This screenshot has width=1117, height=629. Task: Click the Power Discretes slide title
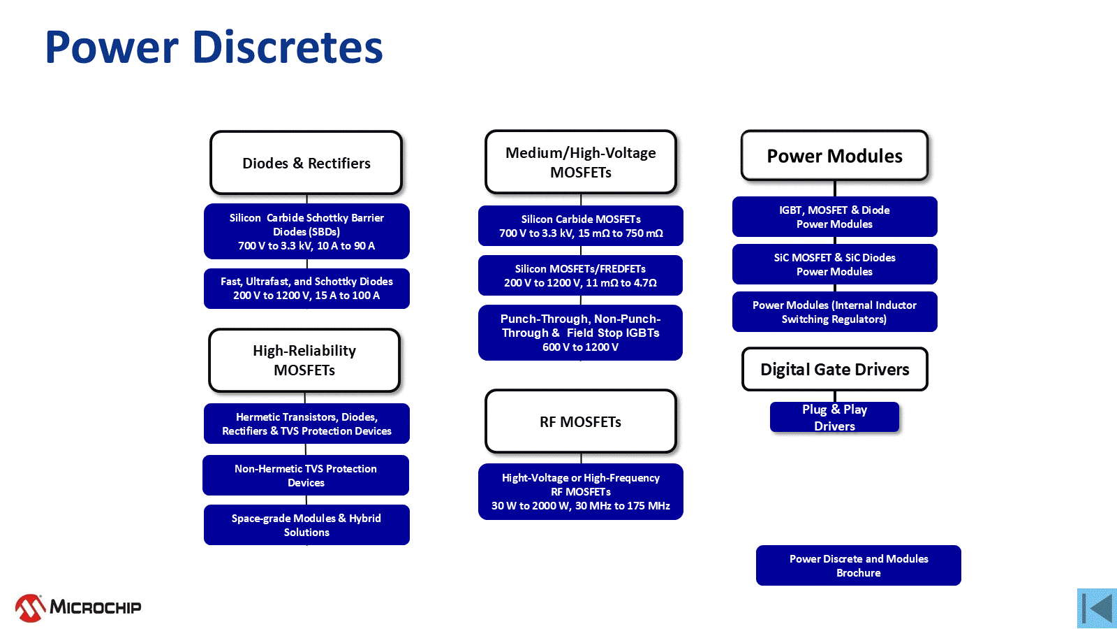tap(214, 47)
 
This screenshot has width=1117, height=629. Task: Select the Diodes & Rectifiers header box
tap(306, 163)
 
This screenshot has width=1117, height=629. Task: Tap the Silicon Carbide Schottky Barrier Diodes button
tap(306, 231)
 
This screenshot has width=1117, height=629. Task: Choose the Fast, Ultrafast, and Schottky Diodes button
tap(306, 289)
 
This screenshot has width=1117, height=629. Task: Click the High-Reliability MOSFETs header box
tap(304, 360)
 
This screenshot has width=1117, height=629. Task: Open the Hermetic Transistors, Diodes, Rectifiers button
tap(306, 424)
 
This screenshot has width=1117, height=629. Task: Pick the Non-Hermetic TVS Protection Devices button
tap(306, 475)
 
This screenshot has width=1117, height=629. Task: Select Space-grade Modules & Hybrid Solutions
tap(306, 525)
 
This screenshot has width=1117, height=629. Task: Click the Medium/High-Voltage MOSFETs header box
tap(581, 162)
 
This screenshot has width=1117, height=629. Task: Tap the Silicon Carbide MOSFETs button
tap(581, 226)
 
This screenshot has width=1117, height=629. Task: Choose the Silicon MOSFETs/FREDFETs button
tap(580, 275)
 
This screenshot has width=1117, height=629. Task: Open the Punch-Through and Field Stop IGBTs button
tap(580, 333)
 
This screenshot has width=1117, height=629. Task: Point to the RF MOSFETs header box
tap(581, 421)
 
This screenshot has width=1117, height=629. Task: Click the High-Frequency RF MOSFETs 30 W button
tap(581, 492)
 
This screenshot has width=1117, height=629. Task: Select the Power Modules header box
tap(835, 156)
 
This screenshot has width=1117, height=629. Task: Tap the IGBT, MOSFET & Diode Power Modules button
tap(835, 217)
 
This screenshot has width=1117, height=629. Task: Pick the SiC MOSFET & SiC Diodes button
tap(835, 264)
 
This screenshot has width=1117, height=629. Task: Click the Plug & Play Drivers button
tap(835, 417)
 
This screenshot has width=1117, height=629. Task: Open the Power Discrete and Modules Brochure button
tap(859, 565)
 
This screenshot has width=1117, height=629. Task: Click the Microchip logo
tap(78, 607)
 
